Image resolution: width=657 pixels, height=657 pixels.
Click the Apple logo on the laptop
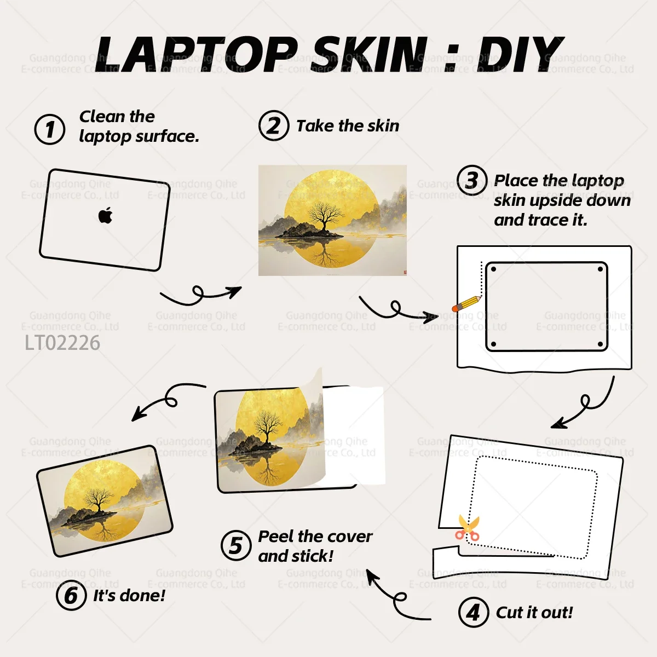click(105, 215)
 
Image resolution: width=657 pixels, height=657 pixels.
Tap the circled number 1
click(50, 129)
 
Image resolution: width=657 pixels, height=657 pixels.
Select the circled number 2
click(274, 125)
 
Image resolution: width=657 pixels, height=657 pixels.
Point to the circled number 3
click(472, 180)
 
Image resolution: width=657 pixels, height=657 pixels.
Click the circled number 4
click(474, 612)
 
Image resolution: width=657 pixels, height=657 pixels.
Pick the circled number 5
click(236, 545)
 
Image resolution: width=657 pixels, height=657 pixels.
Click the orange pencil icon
click(466, 303)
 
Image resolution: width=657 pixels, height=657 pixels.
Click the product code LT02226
click(62, 343)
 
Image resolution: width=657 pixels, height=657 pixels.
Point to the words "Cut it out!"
click(534, 612)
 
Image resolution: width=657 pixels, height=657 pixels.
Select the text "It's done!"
click(129, 596)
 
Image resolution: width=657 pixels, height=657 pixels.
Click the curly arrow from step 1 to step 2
click(201, 294)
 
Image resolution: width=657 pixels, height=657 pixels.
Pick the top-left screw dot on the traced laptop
click(493, 269)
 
